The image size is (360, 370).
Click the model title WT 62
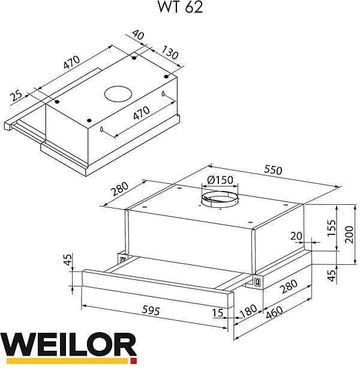[x=179, y=8]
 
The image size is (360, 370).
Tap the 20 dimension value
[x=296, y=236]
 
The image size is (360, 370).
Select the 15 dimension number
[x=217, y=312]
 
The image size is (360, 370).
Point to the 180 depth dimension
[x=247, y=313]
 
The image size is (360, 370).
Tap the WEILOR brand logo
[x=68, y=348]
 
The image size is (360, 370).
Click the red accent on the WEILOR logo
[x=133, y=362]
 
